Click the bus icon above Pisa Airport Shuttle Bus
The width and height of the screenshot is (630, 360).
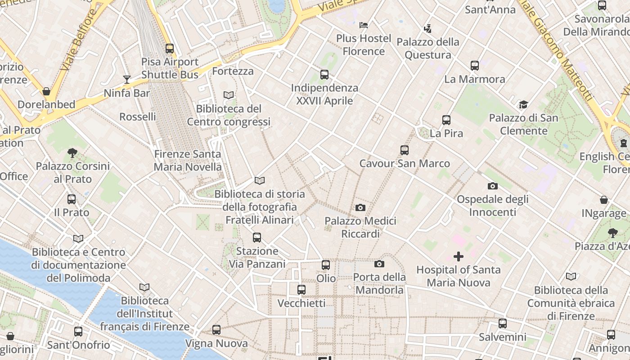point(170,49)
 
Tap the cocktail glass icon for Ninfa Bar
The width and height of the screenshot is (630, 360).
point(127,80)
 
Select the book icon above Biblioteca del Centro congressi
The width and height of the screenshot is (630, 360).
point(229,95)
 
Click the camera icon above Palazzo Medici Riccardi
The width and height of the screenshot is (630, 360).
point(360,207)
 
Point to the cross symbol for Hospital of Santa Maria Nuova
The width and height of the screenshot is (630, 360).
point(459,256)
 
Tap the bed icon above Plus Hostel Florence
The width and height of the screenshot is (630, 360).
point(364,25)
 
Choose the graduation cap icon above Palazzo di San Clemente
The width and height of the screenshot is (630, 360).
point(523,105)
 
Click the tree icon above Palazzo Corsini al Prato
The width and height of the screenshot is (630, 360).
point(72,153)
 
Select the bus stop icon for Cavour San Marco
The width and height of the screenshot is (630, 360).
point(405,150)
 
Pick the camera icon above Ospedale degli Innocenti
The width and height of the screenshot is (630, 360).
point(493,186)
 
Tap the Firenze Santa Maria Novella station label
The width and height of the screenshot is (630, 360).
point(188,161)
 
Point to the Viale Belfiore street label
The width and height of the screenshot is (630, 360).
point(78,40)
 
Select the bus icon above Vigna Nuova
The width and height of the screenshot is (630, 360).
point(216,330)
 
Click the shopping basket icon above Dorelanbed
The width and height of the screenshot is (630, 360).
point(46,91)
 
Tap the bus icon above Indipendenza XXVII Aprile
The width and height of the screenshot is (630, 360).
point(324,75)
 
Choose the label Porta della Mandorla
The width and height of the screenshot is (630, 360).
point(379,283)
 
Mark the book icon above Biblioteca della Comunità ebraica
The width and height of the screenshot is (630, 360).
point(571,277)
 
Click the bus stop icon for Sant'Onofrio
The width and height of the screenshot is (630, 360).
point(78,332)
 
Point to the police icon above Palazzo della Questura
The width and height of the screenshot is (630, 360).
point(427,29)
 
